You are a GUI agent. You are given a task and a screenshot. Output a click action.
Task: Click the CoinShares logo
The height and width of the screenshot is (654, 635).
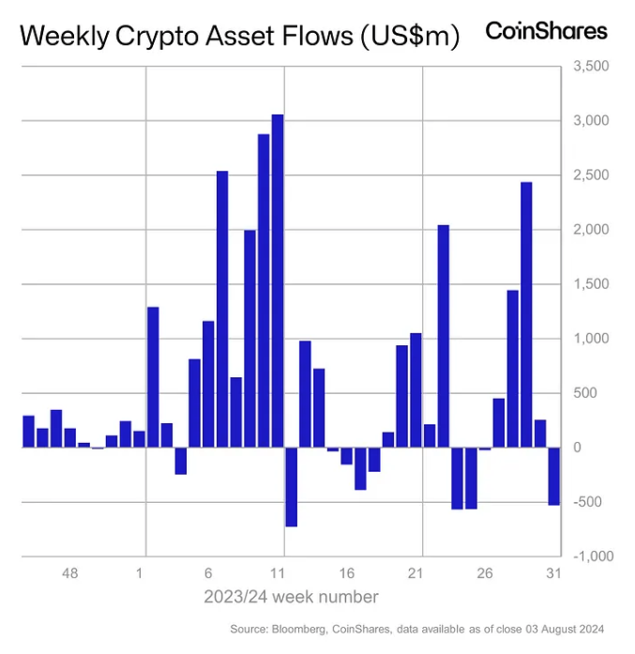(546, 31)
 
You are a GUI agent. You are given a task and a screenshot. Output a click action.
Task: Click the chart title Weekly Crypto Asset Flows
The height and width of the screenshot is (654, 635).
(239, 37)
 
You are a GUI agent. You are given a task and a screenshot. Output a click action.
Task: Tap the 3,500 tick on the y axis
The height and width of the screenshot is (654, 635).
(591, 67)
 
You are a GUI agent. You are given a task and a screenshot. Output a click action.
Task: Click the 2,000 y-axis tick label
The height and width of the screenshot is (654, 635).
(591, 230)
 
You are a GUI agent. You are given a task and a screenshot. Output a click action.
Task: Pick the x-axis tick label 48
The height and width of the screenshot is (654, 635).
(69, 572)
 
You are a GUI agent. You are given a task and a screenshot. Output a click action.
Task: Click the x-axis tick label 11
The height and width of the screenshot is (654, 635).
(277, 572)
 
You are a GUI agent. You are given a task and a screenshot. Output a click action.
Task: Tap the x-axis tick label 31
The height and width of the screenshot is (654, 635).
(553, 572)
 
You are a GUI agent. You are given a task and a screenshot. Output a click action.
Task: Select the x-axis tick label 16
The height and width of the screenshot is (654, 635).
(346, 572)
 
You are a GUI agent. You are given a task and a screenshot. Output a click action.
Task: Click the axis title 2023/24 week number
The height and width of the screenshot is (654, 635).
(291, 597)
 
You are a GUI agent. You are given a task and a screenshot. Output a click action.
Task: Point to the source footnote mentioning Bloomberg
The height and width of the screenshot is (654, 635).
(416, 629)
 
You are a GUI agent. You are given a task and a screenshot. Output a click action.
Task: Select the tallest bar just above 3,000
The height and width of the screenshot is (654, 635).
(278, 281)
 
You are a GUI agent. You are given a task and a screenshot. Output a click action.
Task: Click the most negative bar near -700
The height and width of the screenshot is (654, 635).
(291, 487)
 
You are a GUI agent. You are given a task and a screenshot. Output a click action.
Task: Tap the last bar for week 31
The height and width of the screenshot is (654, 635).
(553, 477)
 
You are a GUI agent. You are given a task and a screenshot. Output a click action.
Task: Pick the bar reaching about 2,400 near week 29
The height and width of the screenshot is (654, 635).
(526, 314)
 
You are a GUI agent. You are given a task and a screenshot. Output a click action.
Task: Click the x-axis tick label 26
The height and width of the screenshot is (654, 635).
(484, 572)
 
